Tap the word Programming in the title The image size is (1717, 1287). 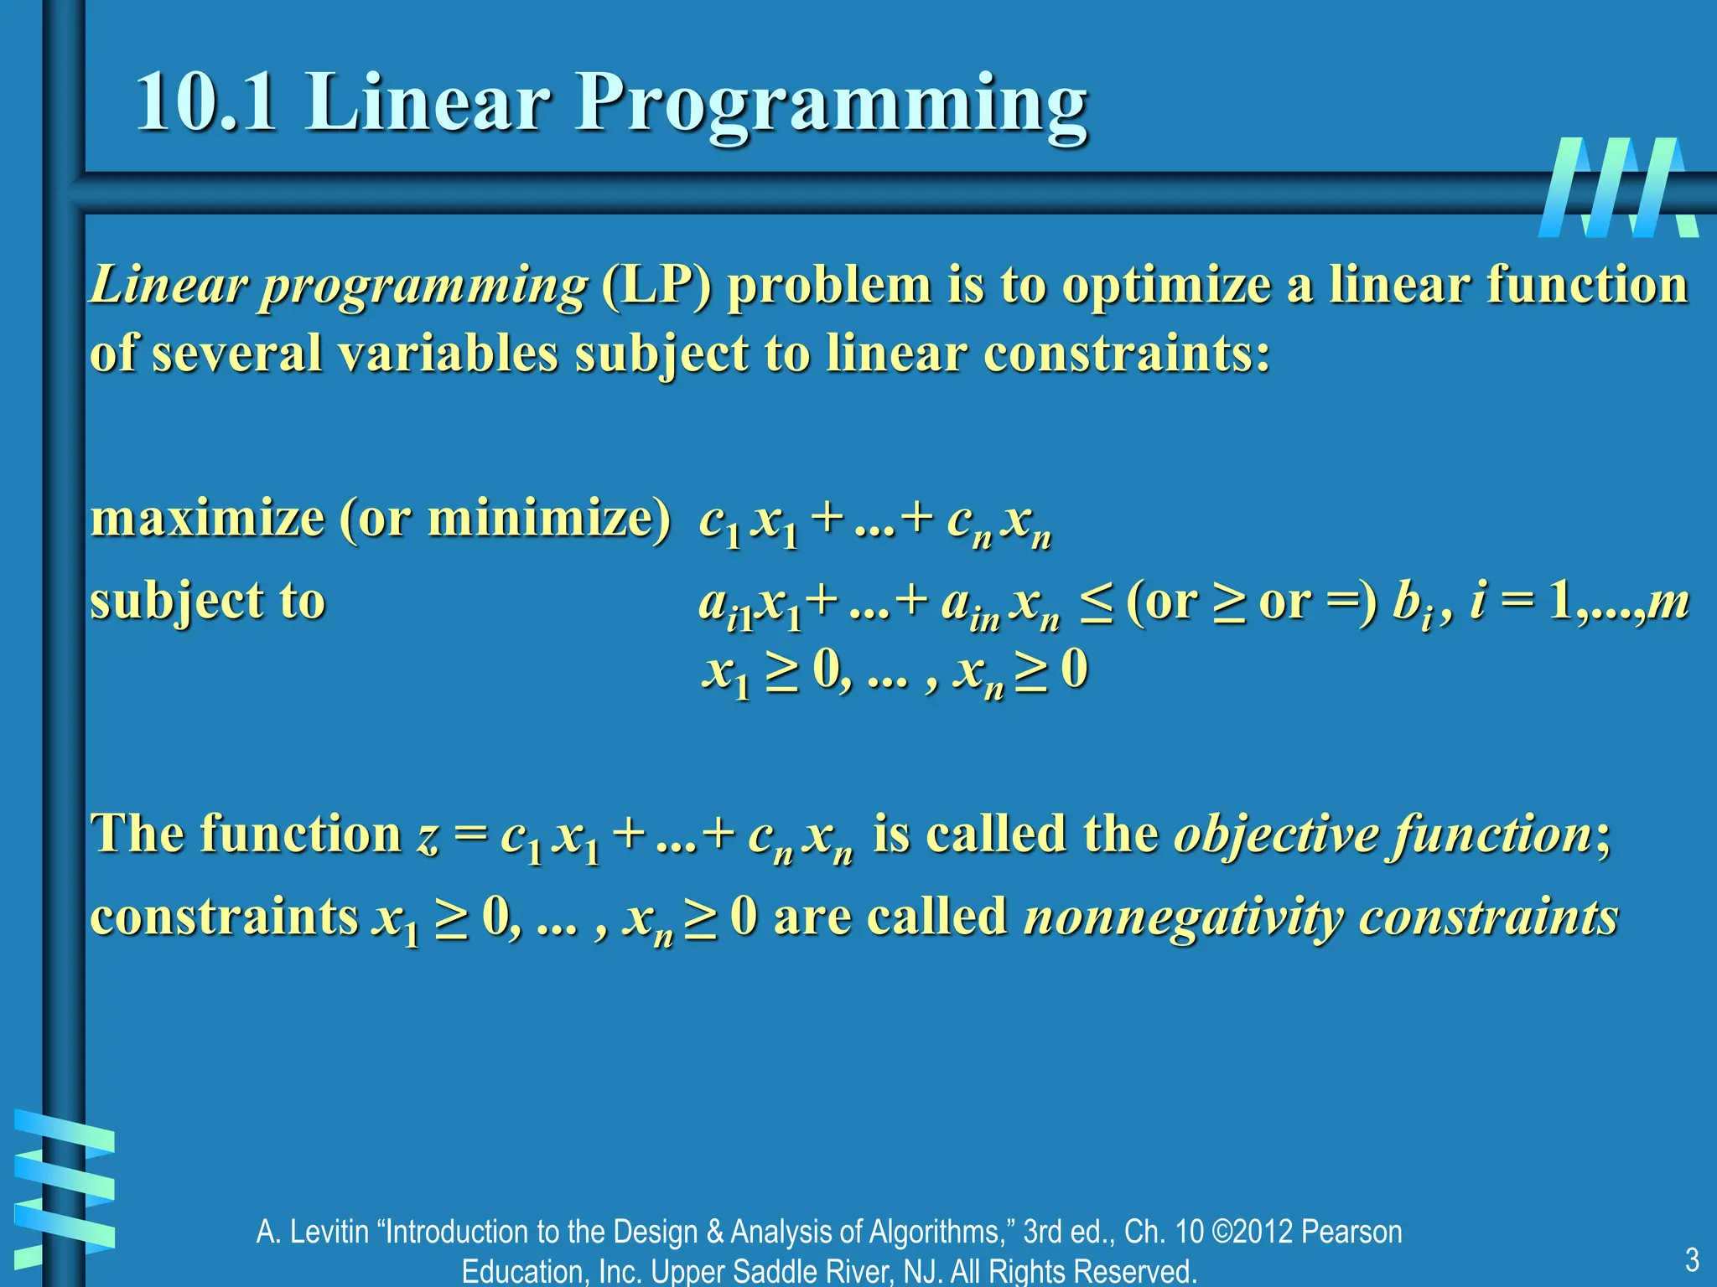830,105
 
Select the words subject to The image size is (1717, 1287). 207,602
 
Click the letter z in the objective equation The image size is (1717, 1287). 428,835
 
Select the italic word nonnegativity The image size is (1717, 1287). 1183,917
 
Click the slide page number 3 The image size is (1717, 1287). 1691,1259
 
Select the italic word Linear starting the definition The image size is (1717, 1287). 168,286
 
